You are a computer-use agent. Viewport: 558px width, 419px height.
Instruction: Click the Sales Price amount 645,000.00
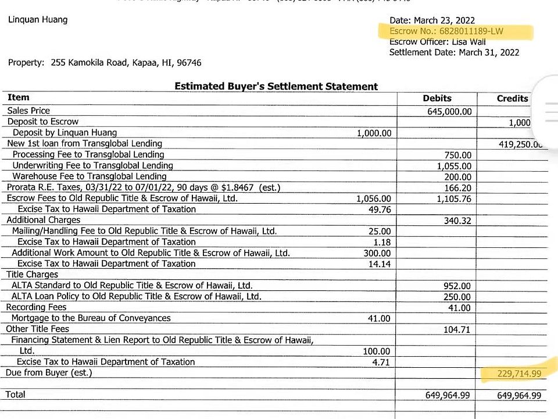point(450,111)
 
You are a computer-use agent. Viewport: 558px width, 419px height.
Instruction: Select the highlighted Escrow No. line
point(446,31)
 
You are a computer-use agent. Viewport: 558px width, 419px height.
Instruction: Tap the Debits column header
point(437,98)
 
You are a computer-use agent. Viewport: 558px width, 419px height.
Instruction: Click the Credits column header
point(512,98)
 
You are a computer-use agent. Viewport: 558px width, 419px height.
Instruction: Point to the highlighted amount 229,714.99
point(519,373)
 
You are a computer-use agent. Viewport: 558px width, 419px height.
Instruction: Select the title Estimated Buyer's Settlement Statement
point(276,86)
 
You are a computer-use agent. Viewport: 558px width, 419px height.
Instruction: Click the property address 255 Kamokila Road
point(105,63)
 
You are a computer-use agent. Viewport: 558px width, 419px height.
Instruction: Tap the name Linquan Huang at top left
point(38,20)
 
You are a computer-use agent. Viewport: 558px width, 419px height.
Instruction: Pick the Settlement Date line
point(454,52)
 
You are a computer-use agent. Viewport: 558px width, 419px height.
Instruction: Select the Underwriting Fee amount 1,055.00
point(454,166)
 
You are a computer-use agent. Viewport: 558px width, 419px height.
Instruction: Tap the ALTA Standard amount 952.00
point(457,286)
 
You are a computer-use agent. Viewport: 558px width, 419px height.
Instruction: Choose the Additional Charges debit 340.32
point(457,221)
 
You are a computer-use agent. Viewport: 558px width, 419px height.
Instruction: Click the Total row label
point(16,395)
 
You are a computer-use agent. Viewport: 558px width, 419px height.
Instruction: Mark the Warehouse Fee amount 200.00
point(458,177)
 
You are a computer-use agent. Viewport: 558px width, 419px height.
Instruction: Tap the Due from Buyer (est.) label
point(49,372)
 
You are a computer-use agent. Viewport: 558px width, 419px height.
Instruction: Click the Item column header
point(19,97)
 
